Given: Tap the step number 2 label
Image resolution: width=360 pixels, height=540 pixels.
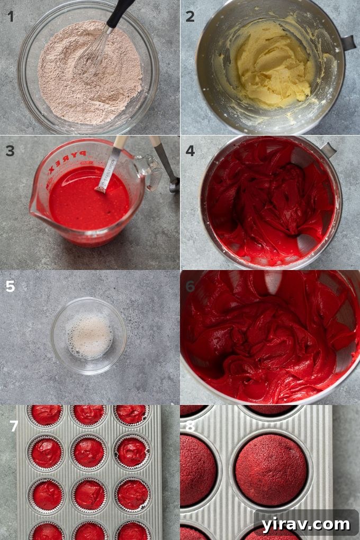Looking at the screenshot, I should pos(190,16).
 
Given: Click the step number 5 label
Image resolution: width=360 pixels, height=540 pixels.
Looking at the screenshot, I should pos(11,286).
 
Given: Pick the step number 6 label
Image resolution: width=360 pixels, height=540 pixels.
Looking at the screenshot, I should pos(190,286).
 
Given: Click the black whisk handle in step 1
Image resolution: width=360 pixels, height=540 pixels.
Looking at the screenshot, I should pos(120,13).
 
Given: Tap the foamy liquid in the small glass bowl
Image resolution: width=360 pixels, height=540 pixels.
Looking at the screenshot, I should pos(89,336).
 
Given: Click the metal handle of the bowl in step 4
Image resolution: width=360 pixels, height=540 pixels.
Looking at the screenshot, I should pos(328,150).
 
